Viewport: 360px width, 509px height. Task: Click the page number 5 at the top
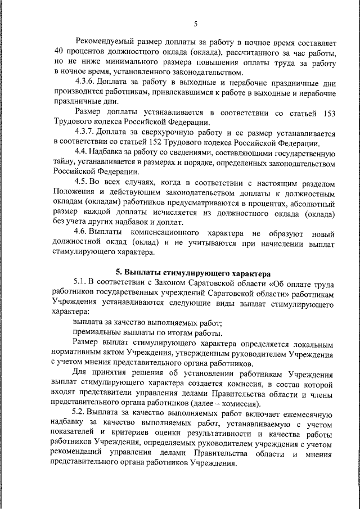(x=195, y=23)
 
